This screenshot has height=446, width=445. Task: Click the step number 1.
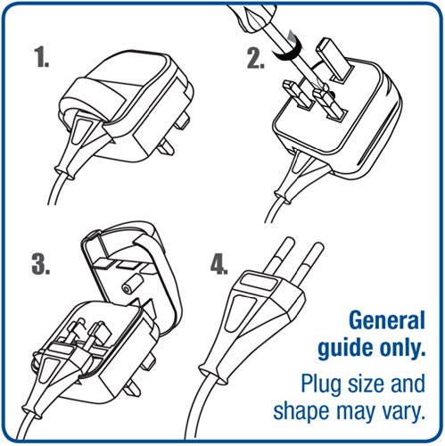pos(41,57)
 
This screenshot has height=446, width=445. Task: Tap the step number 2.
pos(256,58)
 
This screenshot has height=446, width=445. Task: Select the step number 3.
pos(41,264)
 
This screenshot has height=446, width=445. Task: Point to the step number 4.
pos(219,264)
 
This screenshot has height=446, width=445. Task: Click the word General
pos(387,320)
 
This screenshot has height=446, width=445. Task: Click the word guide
pos(347,348)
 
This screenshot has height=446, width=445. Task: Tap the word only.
pos(402,347)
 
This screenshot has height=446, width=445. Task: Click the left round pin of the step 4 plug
pos(277,255)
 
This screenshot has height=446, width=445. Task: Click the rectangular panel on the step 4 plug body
pos(258,282)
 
